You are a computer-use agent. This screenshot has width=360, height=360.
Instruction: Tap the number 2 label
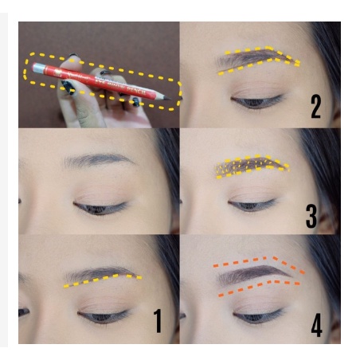(x=315, y=107)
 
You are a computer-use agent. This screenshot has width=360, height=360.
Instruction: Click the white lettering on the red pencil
(x=119, y=84)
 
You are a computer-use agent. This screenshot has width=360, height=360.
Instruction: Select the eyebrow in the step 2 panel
(x=255, y=58)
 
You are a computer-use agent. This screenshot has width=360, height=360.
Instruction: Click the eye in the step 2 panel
(x=256, y=102)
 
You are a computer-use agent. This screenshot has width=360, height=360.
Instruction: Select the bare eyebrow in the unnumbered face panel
(x=97, y=160)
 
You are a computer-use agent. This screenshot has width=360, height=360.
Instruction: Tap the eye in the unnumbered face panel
(x=100, y=207)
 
